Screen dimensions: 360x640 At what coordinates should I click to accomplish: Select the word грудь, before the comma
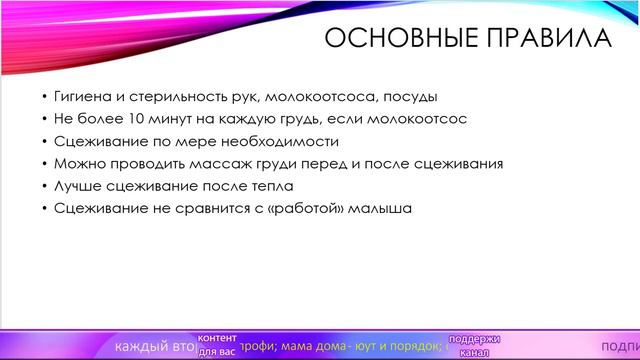click(x=295, y=119)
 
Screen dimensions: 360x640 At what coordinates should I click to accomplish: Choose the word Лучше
click(x=77, y=186)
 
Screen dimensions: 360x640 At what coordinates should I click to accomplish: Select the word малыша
click(x=385, y=208)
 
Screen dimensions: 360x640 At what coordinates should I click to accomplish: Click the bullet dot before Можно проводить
click(x=45, y=164)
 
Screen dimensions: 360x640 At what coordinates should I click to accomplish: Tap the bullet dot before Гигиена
click(x=45, y=97)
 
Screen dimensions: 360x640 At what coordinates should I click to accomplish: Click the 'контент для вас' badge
click(x=217, y=345)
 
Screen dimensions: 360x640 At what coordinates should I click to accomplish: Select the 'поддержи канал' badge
click(x=473, y=345)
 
